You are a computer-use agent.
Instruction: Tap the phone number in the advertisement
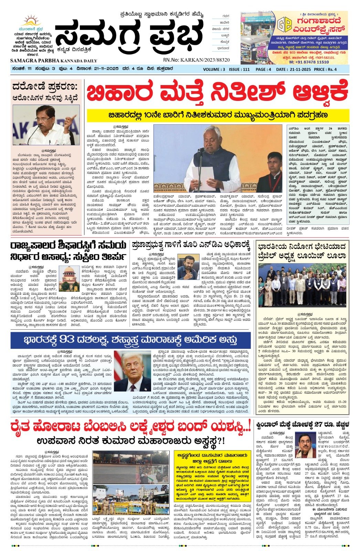click(309, 62)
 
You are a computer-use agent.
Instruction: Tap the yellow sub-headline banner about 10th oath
click(218, 115)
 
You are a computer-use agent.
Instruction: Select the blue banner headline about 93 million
click(130, 340)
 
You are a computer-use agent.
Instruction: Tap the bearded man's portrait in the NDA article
click(187, 268)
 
